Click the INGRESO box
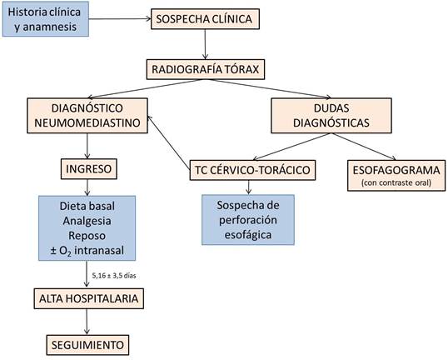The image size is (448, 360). coord(87,170)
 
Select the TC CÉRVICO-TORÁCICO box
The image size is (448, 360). coord(249,170)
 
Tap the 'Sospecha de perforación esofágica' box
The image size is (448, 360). coord(249,219)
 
